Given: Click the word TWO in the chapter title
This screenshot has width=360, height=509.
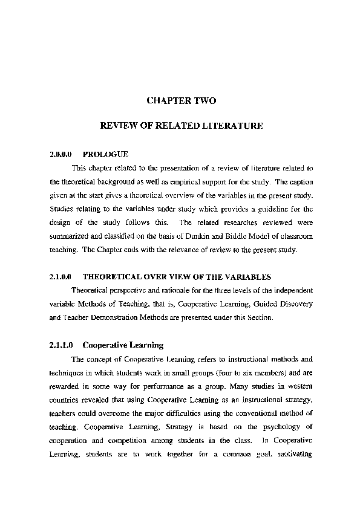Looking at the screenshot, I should (203, 100).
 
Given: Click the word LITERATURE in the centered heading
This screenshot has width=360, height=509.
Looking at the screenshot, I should (231, 128).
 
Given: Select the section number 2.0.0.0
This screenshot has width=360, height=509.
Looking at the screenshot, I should (61, 155).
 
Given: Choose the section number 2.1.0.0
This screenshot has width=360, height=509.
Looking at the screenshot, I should (61, 277).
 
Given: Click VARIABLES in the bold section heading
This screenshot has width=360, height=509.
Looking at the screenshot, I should (247, 277).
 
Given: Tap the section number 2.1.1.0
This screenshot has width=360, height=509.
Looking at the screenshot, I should (61, 346).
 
